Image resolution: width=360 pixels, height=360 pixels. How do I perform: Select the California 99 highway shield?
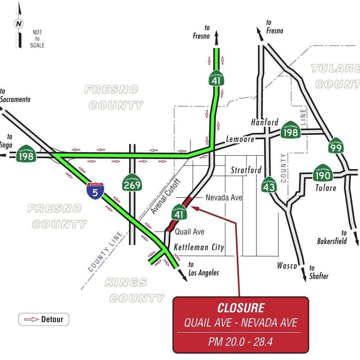tap(336, 146)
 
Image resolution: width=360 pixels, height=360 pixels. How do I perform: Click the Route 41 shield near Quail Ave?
tap(178, 213)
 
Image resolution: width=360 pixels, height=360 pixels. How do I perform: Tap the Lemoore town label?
tap(240, 139)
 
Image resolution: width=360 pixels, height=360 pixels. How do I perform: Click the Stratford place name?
tap(246, 170)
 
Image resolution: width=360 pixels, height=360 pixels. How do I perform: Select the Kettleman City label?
tap(199, 247)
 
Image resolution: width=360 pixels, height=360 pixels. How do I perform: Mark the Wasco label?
tap(287, 265)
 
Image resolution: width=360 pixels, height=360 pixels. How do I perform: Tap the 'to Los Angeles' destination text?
tap(203, 269)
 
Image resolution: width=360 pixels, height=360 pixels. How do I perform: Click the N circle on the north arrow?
tap(18, 24)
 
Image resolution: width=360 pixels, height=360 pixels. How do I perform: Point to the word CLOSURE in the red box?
tap(241, 308)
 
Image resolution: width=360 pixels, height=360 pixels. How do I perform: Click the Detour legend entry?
tap(44, 319)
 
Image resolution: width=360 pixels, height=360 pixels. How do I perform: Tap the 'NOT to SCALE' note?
tap(37, 39)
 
